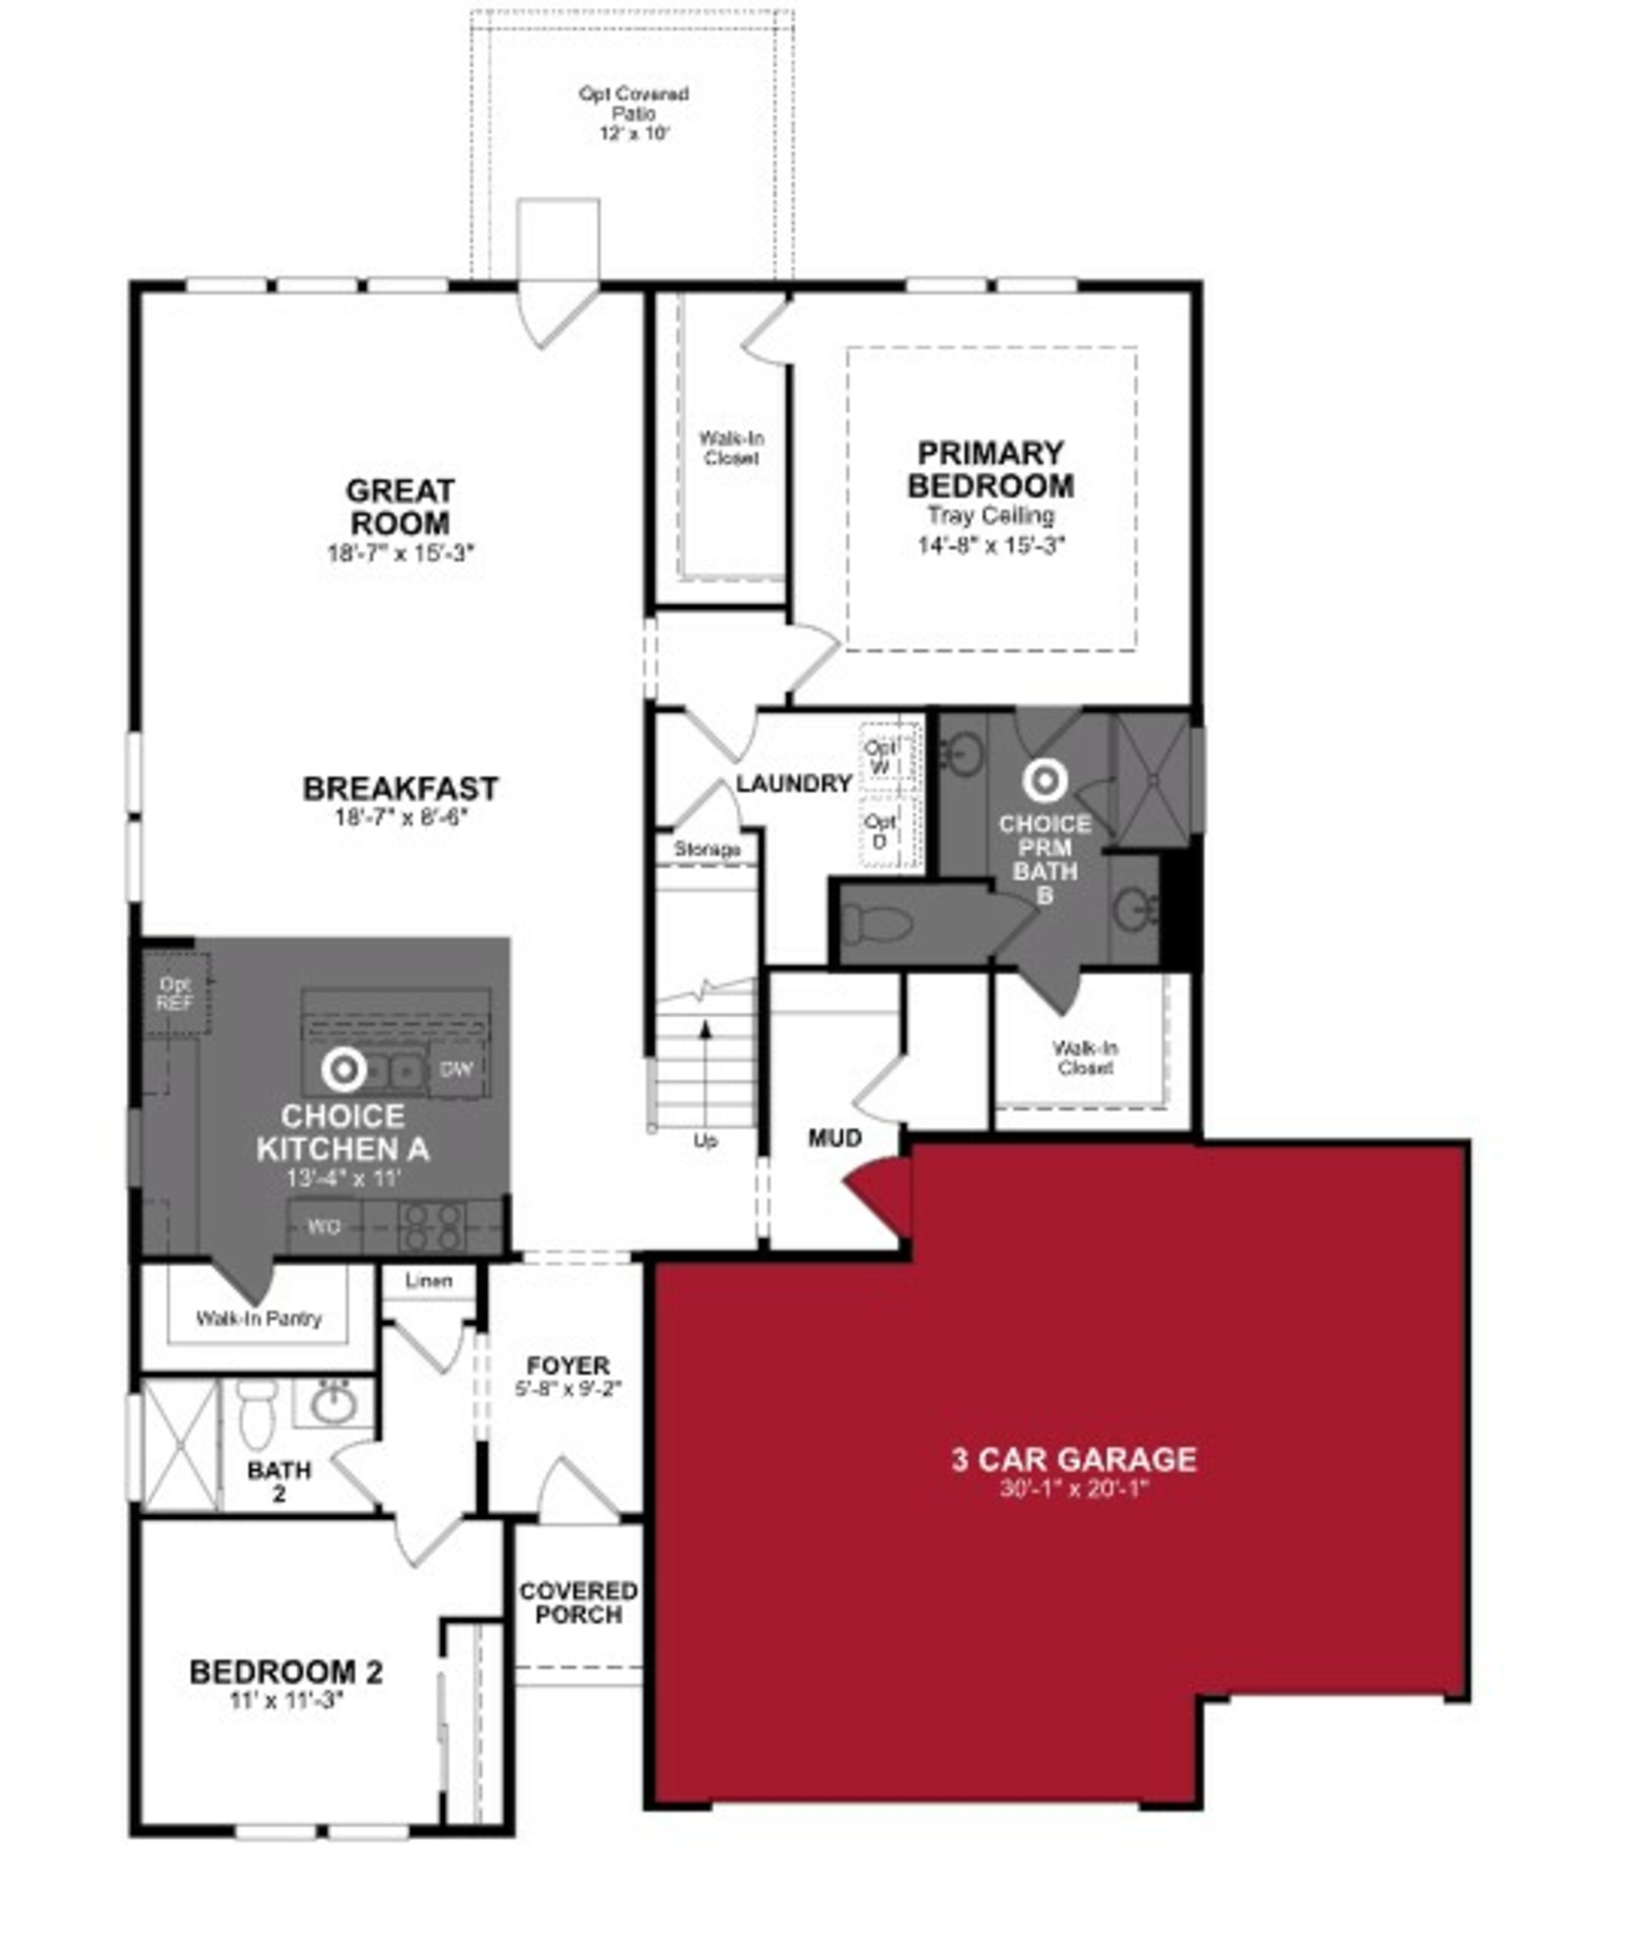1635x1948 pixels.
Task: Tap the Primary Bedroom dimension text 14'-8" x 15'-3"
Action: coord(991,544)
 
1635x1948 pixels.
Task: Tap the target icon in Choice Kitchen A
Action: coord(343,1070)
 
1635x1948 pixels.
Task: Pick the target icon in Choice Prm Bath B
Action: coord(1044,781)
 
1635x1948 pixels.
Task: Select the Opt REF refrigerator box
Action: coord(174,993)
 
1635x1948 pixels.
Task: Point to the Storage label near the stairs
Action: coord(707,849)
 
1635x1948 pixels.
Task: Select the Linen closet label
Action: coord(428,1281)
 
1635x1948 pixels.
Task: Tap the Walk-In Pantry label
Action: coord(259,1318)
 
